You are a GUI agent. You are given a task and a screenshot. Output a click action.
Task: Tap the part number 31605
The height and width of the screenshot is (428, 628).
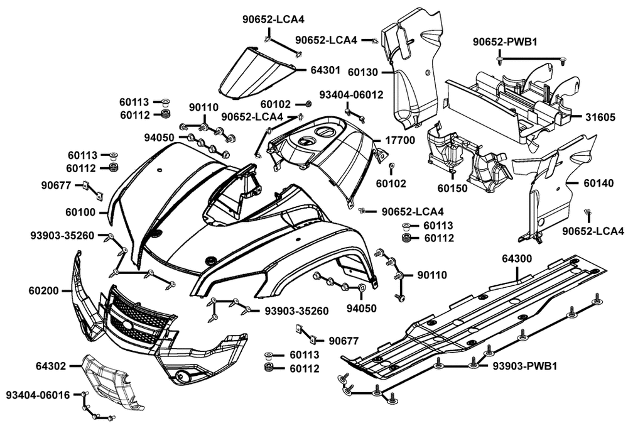click(600, 118)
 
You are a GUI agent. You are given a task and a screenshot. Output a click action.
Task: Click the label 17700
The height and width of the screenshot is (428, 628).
click(401, 140)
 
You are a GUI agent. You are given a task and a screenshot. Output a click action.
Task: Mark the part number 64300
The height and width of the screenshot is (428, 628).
click(517, 258)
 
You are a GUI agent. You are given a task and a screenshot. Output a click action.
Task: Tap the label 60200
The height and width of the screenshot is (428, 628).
click(43, 290)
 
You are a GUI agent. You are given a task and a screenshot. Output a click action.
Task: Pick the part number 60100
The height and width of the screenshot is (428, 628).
click(80, 213)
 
